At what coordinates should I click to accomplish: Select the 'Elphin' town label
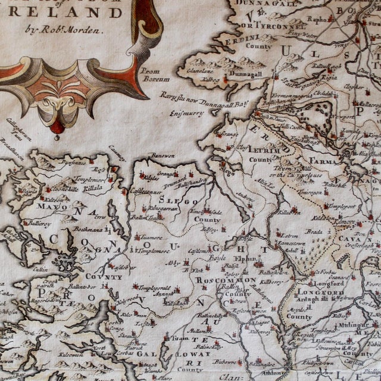[x=251, y=259]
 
